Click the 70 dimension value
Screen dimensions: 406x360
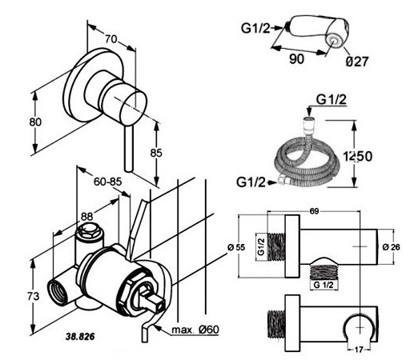pos(111,39)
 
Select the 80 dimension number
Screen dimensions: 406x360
pos(35,122)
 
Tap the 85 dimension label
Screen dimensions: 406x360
pos(156,153)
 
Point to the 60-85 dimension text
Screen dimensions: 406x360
pos(107,182)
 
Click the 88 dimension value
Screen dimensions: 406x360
pos(86,216)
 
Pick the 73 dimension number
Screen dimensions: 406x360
pos(34,296)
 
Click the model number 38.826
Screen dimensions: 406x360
pos(80,337)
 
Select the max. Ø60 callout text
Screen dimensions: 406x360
pos(195,330)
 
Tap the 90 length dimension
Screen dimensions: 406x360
pos(296,59)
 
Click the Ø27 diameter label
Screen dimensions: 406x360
pos(357,62)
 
